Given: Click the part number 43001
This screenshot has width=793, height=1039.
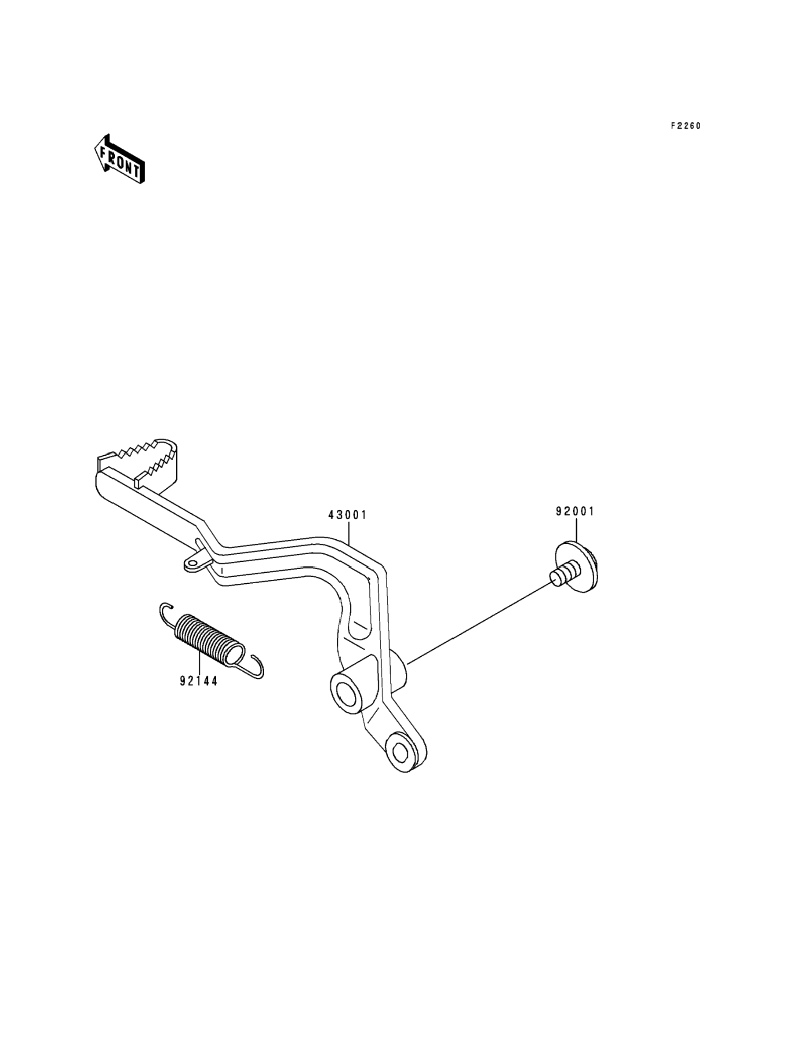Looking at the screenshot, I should click(x=347, y=515).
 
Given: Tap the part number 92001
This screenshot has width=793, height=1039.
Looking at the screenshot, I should click(x=575, y=512).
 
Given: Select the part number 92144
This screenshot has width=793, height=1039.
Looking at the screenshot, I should click(x=199, y=681).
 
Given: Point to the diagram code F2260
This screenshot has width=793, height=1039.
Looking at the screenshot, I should click(x=686, y=126).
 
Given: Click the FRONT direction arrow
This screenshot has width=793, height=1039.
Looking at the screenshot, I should click(x=120, y=159).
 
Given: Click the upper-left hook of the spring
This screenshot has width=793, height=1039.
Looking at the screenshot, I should click(x=165, y=611).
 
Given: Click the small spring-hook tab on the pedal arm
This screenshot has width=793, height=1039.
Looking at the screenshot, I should click(x=193, y=563).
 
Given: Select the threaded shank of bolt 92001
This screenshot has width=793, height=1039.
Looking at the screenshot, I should click(x=562, y=578).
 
